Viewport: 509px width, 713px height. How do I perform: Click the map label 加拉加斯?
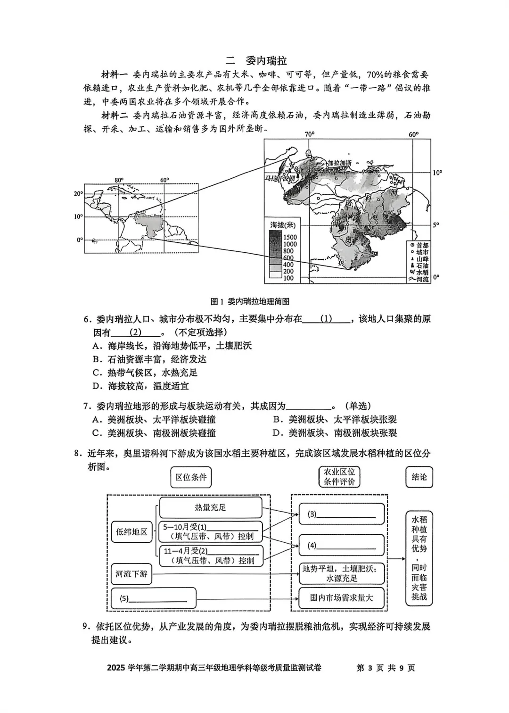[340, 163]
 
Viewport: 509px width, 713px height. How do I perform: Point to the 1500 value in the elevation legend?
[290, 237]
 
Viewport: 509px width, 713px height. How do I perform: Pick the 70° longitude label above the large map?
[309, 134]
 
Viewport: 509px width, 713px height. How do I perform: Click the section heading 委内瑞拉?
[266, 61]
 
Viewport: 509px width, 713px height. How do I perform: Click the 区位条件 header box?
[191, 477]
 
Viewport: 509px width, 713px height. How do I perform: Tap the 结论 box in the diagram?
[419, 477]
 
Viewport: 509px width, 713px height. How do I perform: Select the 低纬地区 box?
[131, 532]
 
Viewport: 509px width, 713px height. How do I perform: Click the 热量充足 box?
[210, 507]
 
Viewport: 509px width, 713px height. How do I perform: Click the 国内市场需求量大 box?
[341, 598]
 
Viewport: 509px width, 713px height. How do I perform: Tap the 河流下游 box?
[131, 574]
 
